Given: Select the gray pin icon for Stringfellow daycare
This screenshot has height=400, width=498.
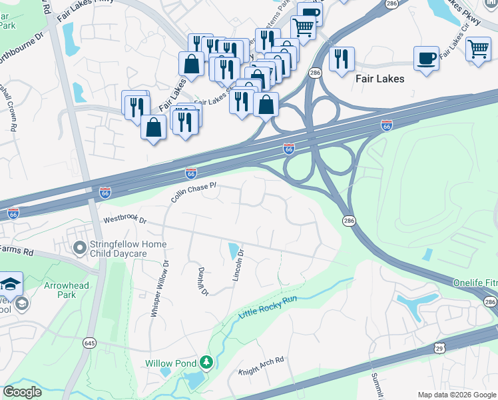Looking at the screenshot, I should (80, 249).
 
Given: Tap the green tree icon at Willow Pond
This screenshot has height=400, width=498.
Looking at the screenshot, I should (207, 363).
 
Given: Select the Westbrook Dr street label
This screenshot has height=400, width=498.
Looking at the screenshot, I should (124, 220).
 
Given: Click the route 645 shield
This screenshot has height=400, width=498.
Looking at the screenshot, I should (90, 343).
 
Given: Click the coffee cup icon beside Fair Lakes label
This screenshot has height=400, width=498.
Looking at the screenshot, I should (425, 57).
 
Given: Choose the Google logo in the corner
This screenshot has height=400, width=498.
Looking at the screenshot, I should (23, 392).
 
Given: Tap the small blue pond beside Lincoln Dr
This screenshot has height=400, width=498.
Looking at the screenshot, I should (233, 251).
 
